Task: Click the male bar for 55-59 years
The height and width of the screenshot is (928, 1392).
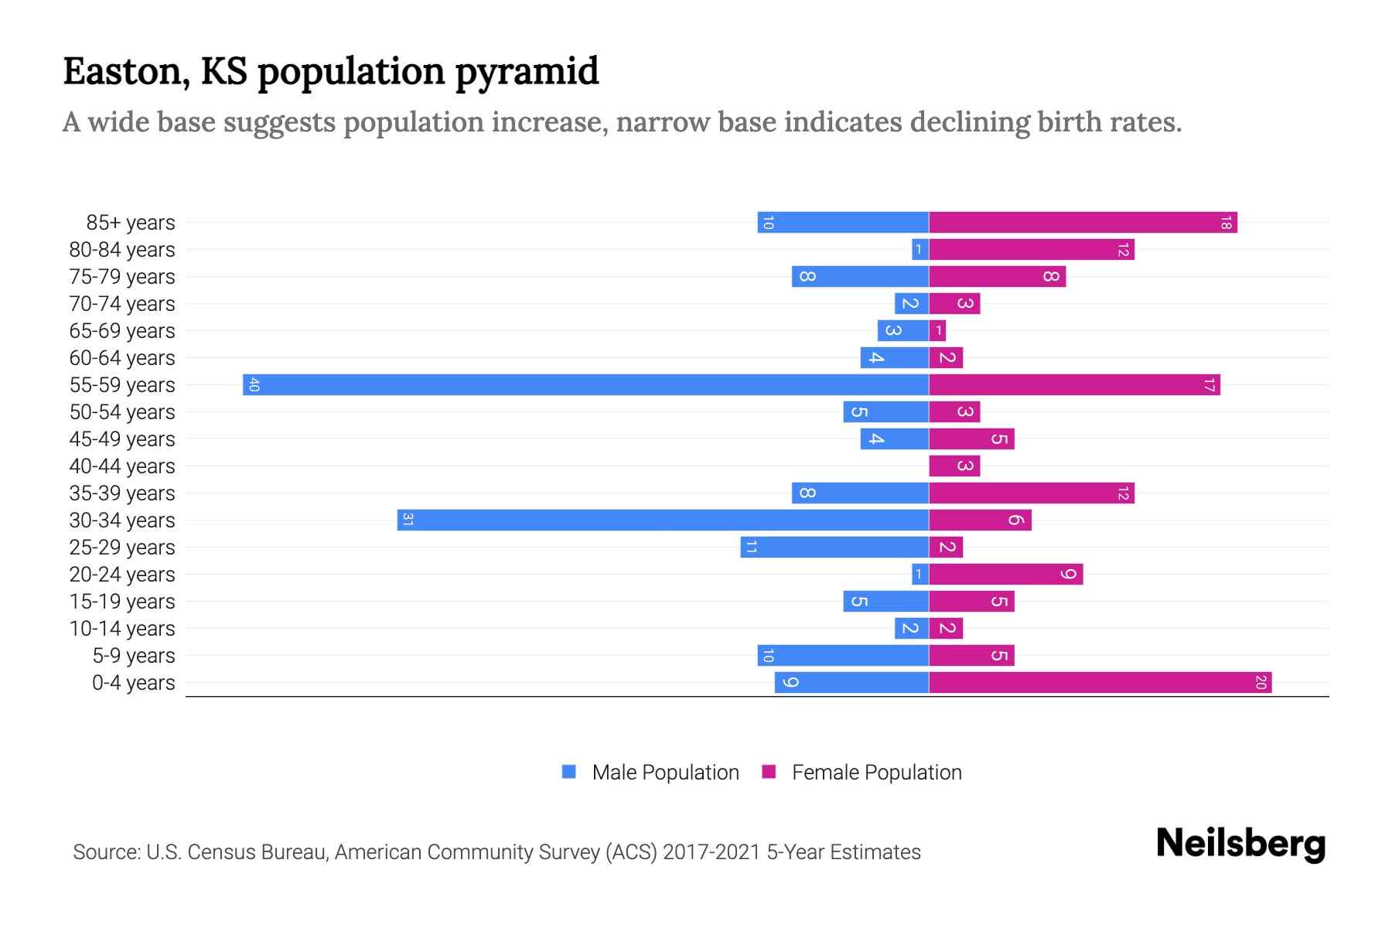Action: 585,384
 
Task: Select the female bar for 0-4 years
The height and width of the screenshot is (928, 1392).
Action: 1100,682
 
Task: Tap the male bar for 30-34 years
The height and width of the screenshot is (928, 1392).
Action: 663,520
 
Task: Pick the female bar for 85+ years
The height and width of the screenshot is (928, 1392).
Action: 1083,222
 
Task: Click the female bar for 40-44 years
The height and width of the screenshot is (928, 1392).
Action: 954,466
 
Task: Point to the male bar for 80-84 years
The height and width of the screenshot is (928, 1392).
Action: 919,249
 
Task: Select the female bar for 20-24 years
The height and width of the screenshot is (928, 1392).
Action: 1005,574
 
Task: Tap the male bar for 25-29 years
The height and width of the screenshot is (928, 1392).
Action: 834,547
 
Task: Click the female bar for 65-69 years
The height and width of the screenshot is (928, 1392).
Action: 937,330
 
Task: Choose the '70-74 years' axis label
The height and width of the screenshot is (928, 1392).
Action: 122,304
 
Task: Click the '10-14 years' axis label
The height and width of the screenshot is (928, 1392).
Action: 122,629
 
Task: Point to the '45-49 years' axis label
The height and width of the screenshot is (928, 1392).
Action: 122,439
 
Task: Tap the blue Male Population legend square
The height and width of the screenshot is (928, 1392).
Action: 569,772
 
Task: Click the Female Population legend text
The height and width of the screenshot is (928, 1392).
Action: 876,773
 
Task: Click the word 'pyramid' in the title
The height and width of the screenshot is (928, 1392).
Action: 527,72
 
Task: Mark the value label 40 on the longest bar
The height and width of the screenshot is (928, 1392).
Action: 254,384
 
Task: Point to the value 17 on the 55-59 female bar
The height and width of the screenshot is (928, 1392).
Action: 1209,384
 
